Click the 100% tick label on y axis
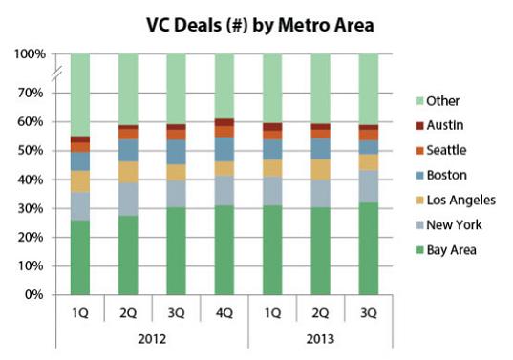30,54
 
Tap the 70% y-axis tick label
32,93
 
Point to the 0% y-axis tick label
35,295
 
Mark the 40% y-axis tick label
32,180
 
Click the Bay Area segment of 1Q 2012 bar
79,258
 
